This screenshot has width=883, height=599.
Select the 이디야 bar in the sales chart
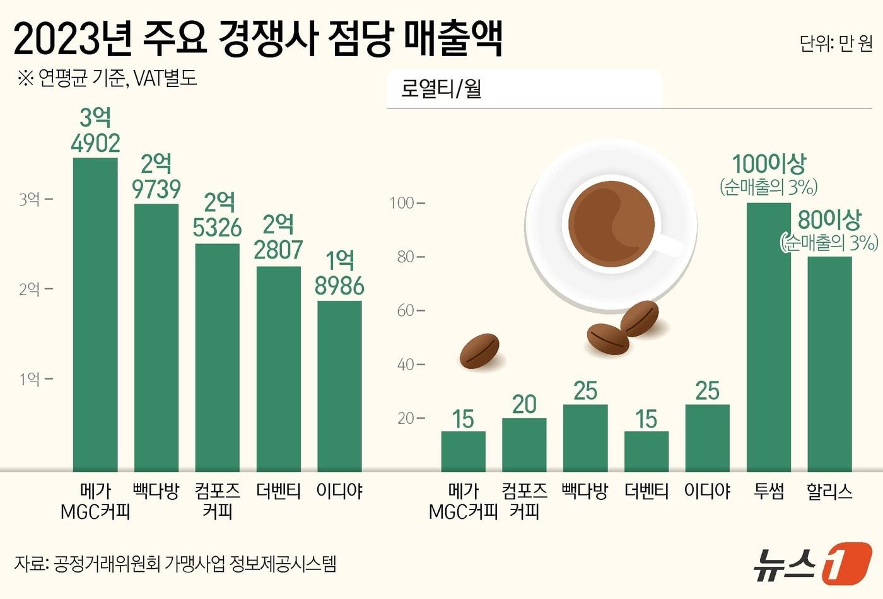[339, 386]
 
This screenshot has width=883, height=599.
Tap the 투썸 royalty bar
[768, 337]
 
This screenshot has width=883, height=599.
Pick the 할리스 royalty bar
[829, 364]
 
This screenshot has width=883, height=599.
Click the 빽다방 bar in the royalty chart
[585, 438]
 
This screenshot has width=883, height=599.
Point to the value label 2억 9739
[156, 177]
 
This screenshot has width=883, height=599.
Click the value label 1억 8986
[339, 274]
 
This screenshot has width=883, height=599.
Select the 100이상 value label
[768, 165]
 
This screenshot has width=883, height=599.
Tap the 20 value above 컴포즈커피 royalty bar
[524, 404]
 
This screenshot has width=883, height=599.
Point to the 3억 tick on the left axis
[30, 199]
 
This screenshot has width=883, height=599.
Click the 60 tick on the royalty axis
[407, 310]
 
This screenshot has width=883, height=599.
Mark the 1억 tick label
[30, 379]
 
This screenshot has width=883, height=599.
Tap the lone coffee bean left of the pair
[479, 351]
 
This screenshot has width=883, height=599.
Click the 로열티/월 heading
[441, 89]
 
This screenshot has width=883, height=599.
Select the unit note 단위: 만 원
[836, 43]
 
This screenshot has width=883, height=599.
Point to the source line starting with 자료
[175, 563]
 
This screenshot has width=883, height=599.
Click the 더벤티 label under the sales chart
[278, 491]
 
